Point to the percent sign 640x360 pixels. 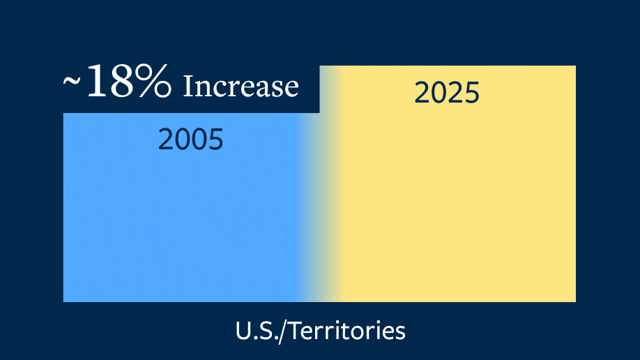(x=155, y=81)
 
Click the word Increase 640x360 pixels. (x=241, y=87)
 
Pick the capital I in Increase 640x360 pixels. (x=188, y=87)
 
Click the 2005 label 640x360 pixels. (x=190, y=140)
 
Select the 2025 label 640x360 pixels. (x=447, y=93)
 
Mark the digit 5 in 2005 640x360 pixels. (x=216, y=140)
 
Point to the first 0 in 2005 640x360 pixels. (x=183, y=140)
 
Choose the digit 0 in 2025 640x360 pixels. (x=439, y=93)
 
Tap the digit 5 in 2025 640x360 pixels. (x=472, y=93)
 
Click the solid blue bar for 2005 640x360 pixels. (x=180, y=208)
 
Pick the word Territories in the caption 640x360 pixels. (x=347, y=331)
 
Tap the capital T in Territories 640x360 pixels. (x=296, y=331)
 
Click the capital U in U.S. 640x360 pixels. (x=243, y=331)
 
